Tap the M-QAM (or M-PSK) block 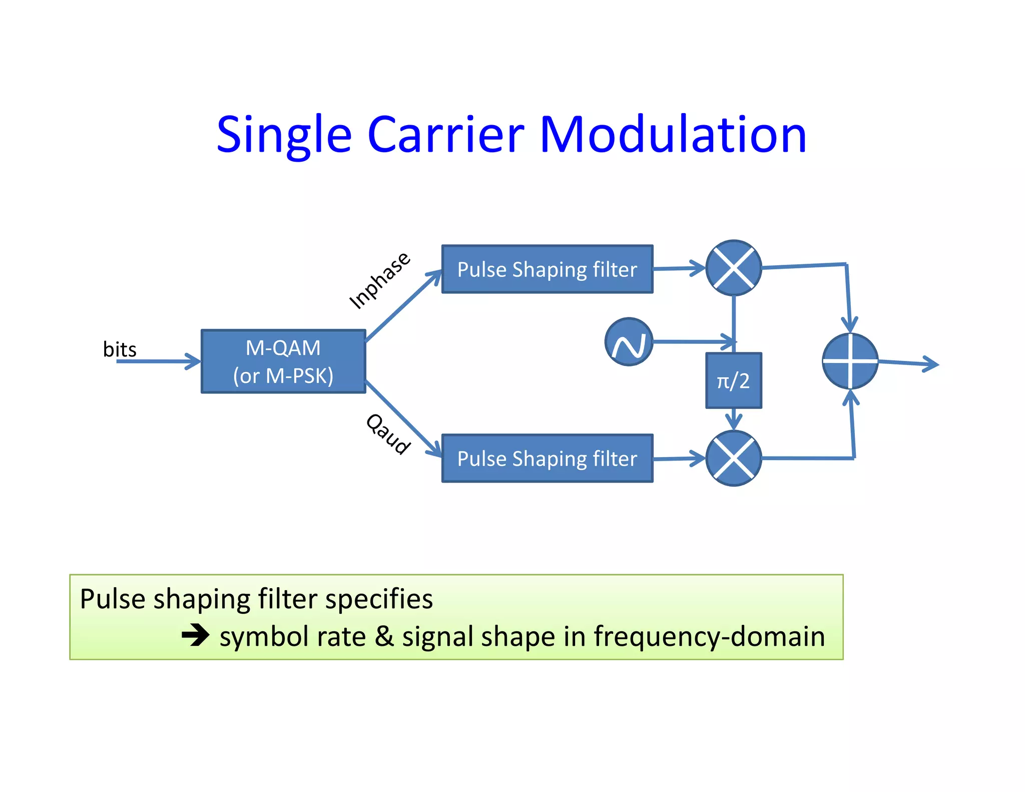[x=283, y=361]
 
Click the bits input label [x=120, y=349]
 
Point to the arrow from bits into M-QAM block [x=158, y=361]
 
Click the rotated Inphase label [x=379, y=280]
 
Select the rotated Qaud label [x=388, y=434]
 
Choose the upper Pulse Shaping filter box [x=547, y=269]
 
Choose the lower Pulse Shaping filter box [x=547, y=458]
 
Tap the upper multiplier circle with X [x=733, y=268]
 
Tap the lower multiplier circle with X [x=733, y=458]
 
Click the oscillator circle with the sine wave [x=629, y=342]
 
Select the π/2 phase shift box [x=733, y=381]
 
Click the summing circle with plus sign [x=850, y=361]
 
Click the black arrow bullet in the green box [x=195, y=636]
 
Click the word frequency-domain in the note [x=709, y=637]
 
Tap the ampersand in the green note [x=384, y=637]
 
